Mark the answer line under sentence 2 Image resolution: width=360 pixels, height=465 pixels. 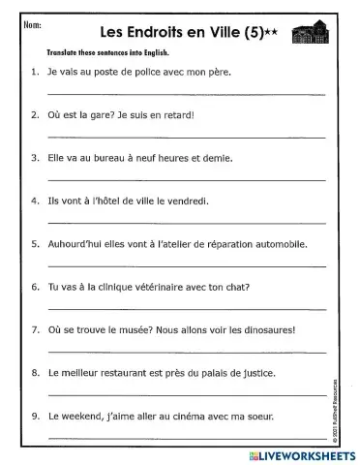point(184,136)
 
